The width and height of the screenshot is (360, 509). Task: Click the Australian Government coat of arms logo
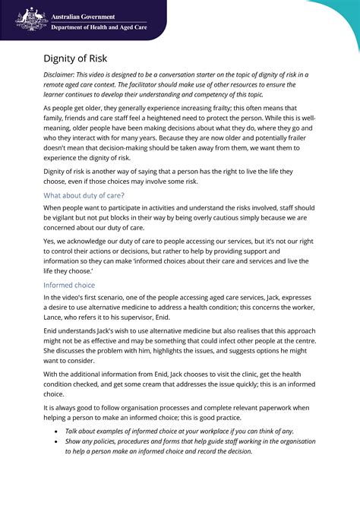[x=31, y=17]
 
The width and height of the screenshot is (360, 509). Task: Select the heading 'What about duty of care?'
[x=84, y=195]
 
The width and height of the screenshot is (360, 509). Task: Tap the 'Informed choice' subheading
[x=69, y=285]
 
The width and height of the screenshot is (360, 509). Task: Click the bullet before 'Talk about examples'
[x=58, y=431]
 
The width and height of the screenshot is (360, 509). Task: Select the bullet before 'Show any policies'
[x=58, y=441]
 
